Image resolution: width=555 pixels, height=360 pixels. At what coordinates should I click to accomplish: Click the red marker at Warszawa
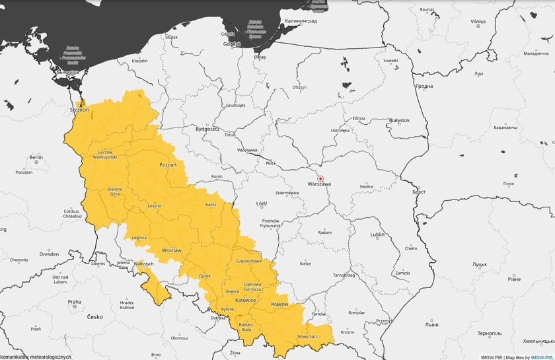(x=320, y=178)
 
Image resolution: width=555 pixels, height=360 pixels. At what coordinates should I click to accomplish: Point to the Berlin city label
(x=36, y=158)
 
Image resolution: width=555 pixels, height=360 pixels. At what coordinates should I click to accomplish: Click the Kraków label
(x=279, y=304)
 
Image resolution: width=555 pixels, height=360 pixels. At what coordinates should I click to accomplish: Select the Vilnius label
(x=478, y=22)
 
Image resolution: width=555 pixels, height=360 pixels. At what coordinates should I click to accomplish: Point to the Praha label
(x=74, y=302)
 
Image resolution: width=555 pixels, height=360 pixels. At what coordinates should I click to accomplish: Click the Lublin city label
(x=377, y=234)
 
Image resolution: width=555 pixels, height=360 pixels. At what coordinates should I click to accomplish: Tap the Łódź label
(x=261, y=203)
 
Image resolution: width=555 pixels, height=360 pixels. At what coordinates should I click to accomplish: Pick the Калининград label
(x=301, y=21)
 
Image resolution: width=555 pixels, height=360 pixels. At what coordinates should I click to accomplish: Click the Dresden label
(x=49, y=254)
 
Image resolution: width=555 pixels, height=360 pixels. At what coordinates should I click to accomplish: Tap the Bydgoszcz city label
(x=207, y=129)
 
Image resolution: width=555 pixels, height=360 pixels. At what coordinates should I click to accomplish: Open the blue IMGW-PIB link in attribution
(x=541, y=357)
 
